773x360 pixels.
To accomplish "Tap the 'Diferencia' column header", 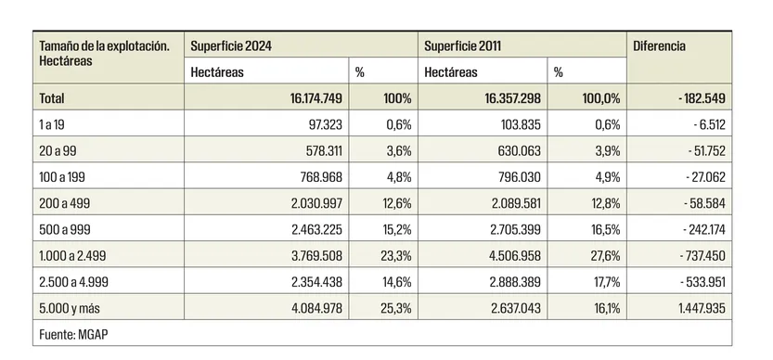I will [659, 45].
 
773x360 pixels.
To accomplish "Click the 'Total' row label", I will [52, 97].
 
